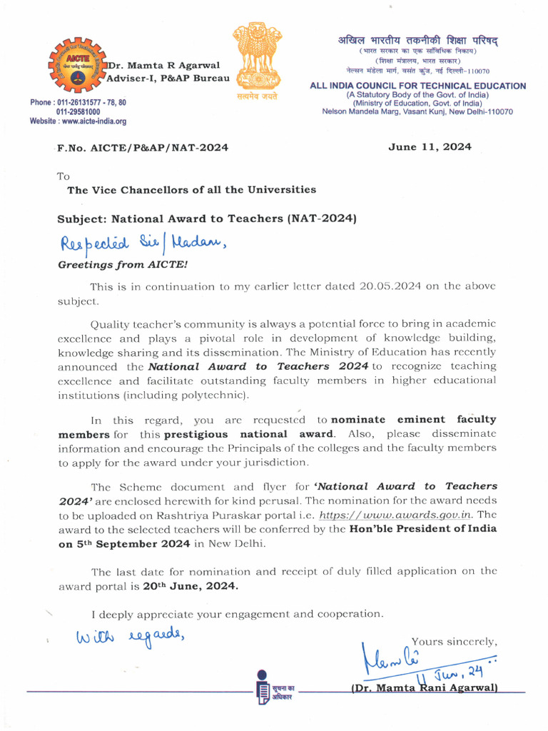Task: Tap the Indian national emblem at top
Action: point(254,57)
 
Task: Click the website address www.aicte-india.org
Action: point(78,121)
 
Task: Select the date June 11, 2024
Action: point(430,147)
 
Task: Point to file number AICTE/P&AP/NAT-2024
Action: point(143,148)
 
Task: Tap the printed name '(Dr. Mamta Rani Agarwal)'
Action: point(424,688)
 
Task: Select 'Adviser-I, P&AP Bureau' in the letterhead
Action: point(168,77)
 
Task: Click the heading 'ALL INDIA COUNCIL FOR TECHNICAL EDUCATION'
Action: point(417,86)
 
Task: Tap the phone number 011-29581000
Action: point(78,112)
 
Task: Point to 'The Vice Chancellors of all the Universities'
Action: point(191,190)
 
